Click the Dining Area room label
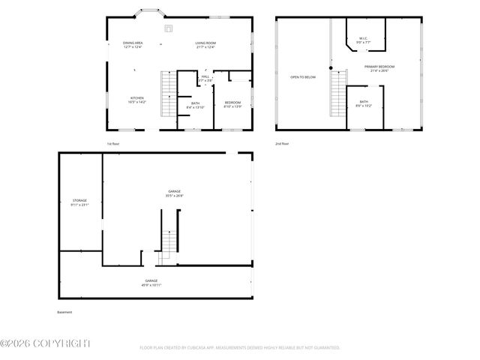(x=133, y=44)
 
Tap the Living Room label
(x=205, y=44)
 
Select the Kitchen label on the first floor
(x=137, y=100)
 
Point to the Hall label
(x=205, y=77)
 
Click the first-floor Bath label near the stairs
(x=195, y=105)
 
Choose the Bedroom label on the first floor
(x=233, y=104)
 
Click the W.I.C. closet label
(x=362, y=40)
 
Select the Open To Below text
(x=303, y=76)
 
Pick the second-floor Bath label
(x=364, y=103)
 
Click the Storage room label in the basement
(x=79, y=202)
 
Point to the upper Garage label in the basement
(x=174, y=193)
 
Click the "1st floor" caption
(x=113, y=142)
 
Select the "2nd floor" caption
(x=282, y=142)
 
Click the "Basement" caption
(x=65, y=312)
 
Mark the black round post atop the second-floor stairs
(x=331, y=68)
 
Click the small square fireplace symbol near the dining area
(x=169, y=30)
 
